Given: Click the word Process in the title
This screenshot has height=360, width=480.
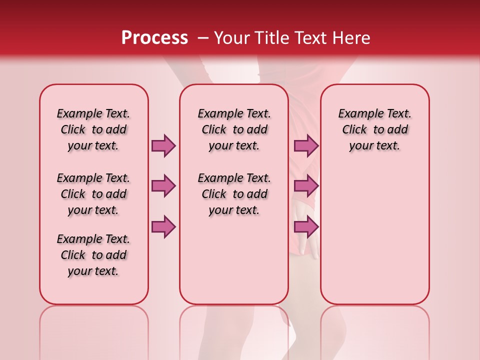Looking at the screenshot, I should [x=154, y=37].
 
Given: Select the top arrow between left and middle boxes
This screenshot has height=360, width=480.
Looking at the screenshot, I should [x=163, y=145].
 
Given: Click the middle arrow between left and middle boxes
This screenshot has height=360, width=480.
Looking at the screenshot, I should [x=163, y=186].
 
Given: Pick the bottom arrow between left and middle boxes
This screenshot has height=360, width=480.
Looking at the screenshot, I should [x=163, y=226].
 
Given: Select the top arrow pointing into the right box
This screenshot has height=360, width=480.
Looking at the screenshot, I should [x=306, y=145].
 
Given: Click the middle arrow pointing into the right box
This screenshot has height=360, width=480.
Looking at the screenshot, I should [x=306, y=186].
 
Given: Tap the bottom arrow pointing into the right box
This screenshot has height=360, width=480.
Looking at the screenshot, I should [x=306, y=226].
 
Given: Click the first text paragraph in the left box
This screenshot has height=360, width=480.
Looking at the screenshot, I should [x=93, y=129].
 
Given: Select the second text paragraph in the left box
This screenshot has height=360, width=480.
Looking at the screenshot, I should [x=93, y=194].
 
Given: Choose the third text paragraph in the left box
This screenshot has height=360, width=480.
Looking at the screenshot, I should [x=93, y=255].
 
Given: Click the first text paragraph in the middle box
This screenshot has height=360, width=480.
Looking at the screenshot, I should [x=234, y=129].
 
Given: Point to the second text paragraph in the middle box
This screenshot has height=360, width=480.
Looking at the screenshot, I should [x=234, y=194].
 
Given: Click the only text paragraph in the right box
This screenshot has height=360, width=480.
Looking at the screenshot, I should [x=374, y=129].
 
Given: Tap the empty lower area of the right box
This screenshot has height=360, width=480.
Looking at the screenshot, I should [x=374, y=235].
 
